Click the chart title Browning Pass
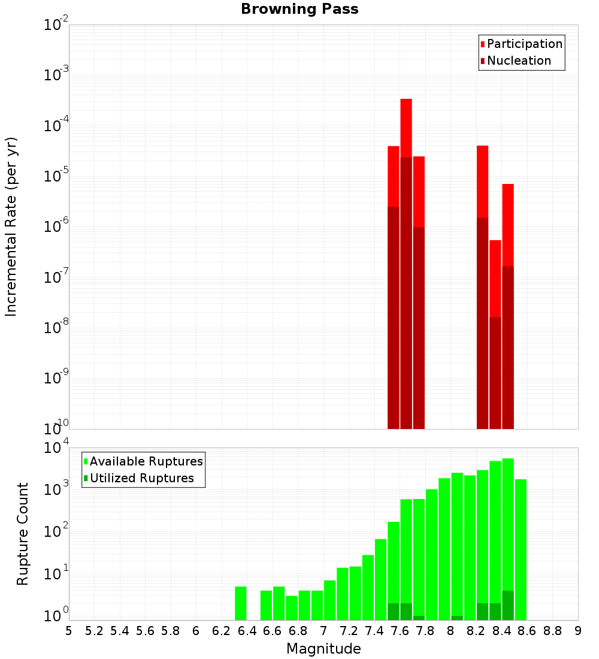click(x=299, y=10)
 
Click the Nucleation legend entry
click(x=518, y=61)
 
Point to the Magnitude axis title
click(x=323, y=649)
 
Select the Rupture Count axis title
click(x=23, y=534)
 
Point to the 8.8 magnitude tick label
click(x=552, y=631)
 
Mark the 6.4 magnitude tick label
click(x=247, y=631)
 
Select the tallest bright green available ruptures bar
click(x=508, y=521)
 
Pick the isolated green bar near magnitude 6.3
click(x=240, y=603)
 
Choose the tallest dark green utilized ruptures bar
click(x=508, y=605)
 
